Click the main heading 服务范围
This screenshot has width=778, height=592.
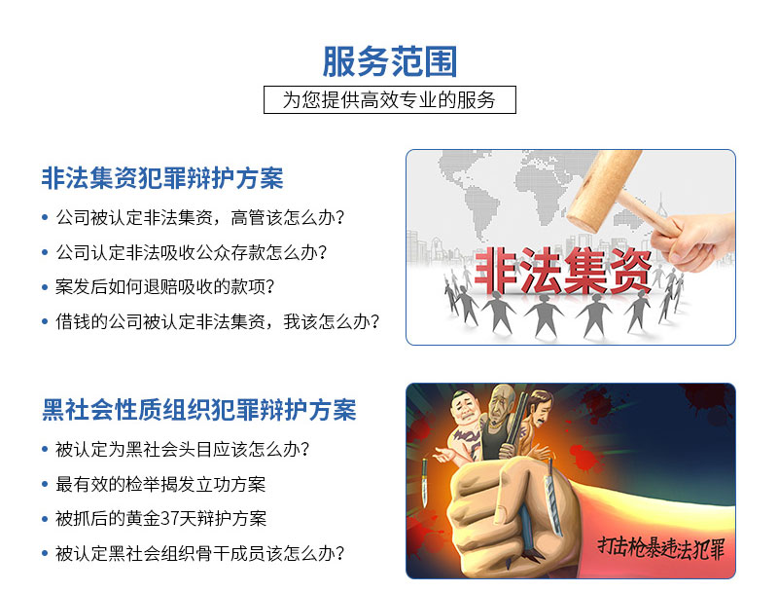[x=390, y=61]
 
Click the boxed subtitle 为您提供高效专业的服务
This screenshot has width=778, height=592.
[x=390, y=100]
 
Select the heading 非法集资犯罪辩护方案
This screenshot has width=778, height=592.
[x=162, y=178]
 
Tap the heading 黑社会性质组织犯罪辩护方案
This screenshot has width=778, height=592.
[x=199, y=410]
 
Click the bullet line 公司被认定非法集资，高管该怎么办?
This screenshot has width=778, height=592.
[x=200, y=217]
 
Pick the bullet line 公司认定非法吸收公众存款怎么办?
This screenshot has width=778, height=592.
[x=192, y=252]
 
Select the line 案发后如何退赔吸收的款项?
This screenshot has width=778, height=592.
[x=164, y=286]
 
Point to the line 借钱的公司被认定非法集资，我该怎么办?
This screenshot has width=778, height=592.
[x=217, y=321]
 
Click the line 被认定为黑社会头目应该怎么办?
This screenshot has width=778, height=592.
[x=183, y=449]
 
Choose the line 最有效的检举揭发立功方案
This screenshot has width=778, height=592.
[x=160, y=484]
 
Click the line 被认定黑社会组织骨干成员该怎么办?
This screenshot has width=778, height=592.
[x=200, y=553]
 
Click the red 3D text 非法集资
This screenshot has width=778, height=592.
[x=563, y=271]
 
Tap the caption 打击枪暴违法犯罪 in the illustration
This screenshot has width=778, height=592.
[x=661, y=548]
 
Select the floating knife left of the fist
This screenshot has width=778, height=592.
[x=425, y=483]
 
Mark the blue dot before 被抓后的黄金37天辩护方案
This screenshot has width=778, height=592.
[x=45, y=519]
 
